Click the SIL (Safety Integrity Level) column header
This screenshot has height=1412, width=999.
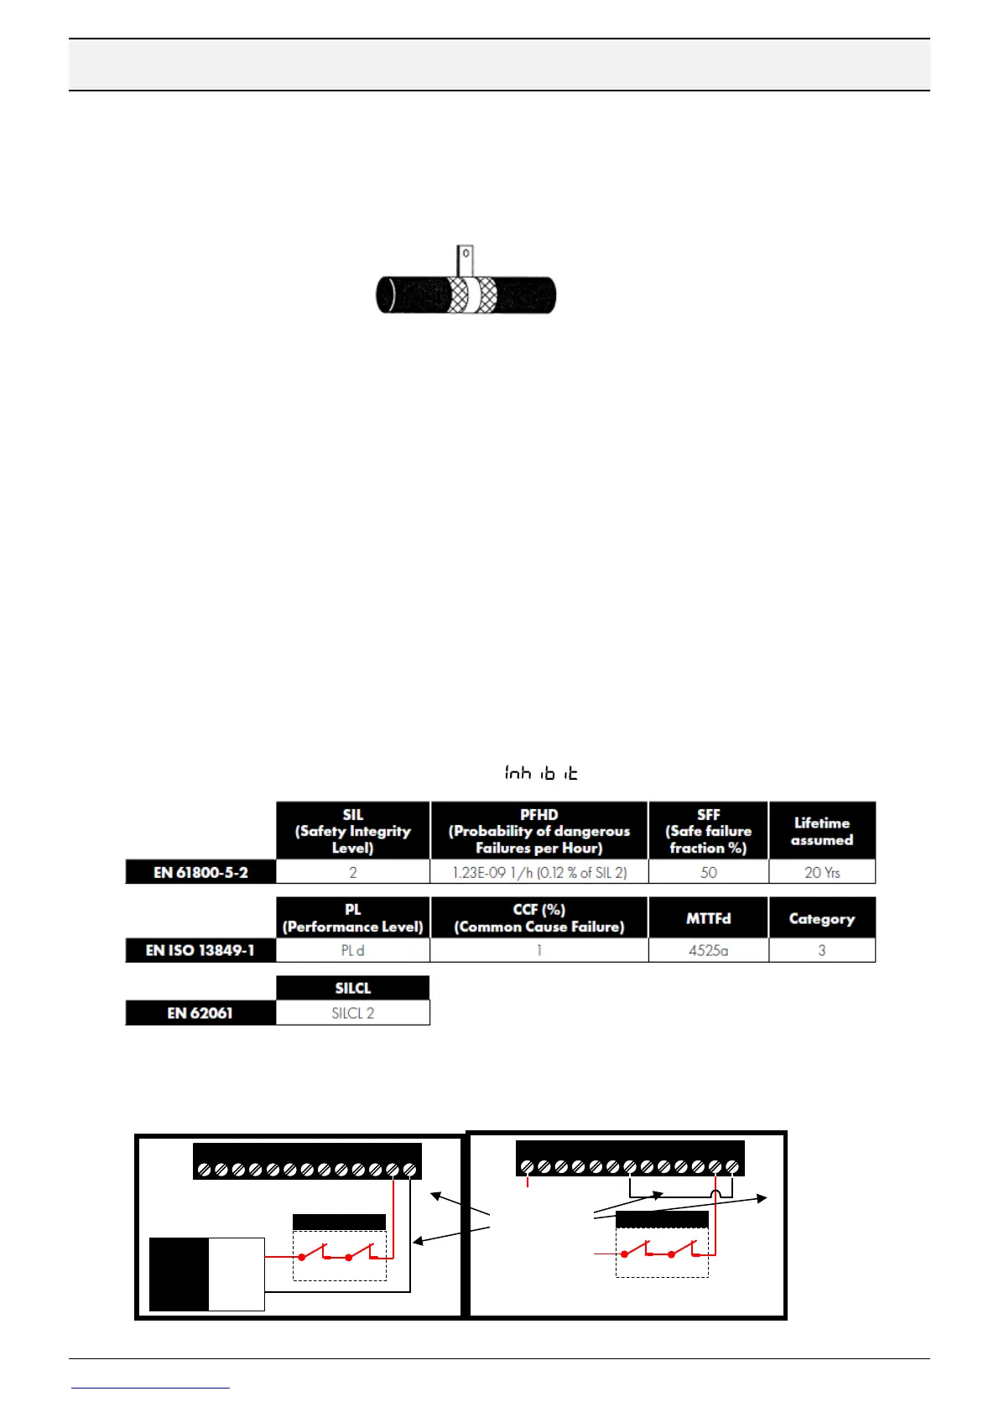coord(352,830)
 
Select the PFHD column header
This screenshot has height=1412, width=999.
coord(539,830)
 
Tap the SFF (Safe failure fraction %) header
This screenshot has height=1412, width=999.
coord(708,830)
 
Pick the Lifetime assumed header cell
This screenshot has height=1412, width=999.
coord(821,830)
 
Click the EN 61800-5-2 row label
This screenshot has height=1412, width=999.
coord(200,872)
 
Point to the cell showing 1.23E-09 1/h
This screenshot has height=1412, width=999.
coord(539,872)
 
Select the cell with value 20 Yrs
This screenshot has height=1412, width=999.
coord(821,872)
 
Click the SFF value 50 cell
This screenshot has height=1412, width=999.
coord(708,872)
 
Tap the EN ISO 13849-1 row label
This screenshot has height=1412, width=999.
coord(200,950)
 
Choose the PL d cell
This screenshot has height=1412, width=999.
coord(352,950)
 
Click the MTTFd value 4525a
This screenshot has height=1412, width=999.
coord(708,950)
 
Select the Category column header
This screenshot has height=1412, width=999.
coord(821,918)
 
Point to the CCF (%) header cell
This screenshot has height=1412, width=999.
coord(539,918)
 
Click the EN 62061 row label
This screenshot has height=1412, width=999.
coord(200,1013)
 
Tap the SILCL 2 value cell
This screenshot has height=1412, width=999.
coord(352,1013)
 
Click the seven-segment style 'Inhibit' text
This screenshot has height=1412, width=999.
coord(541,772)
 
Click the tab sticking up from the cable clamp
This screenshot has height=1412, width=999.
coord(465,258)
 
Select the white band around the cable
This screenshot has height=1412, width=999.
coord(471,294)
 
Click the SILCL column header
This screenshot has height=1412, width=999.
coord(352,988)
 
